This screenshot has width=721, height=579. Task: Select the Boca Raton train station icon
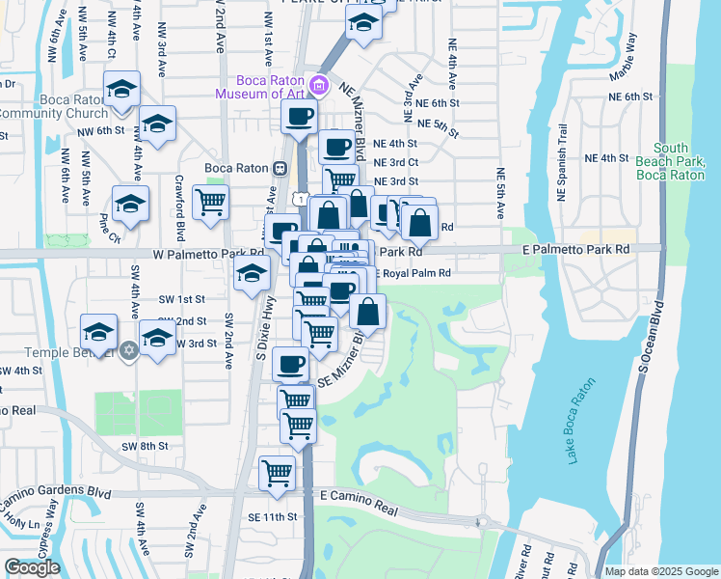click(x=279, y=168)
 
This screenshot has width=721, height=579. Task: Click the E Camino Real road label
click(x=358, y=494)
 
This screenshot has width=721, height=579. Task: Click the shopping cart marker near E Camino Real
click(x=278, y=473)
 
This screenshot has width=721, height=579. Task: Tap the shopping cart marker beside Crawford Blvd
click(x=210, y=203)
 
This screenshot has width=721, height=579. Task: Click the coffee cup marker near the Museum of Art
click(x=299, y=118)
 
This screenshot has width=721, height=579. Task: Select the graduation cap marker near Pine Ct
click(x=130, y=204)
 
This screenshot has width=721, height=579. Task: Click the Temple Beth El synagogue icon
click(x=128, y=348)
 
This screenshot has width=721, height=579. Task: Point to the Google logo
click(x=32, y=567)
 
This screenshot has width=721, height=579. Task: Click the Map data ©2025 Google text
click(x=660, y=571)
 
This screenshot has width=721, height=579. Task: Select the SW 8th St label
click(x=145, y=446)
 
